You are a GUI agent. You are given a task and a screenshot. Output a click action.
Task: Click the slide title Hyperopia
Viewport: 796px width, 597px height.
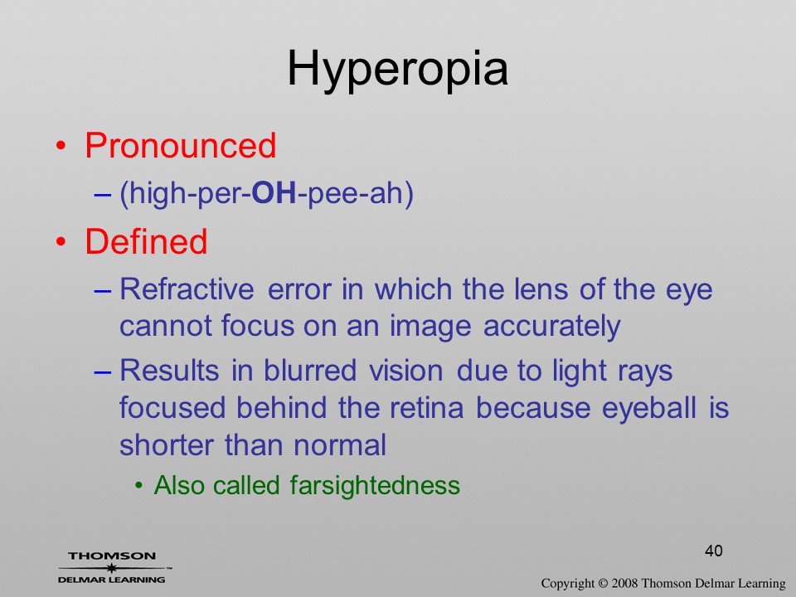397,70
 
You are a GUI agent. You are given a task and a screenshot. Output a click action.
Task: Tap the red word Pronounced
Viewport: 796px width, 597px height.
180,146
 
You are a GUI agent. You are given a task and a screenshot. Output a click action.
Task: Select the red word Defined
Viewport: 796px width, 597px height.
146,241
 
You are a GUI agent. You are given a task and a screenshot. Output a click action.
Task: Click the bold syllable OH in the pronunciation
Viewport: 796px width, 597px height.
274,193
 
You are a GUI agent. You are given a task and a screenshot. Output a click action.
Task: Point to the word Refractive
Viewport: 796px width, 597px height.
187,289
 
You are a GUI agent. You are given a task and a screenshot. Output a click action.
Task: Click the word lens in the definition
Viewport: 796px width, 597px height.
541,289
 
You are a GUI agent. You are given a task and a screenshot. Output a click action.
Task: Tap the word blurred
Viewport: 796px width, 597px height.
309,370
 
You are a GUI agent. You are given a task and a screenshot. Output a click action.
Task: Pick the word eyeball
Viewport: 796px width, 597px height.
648,409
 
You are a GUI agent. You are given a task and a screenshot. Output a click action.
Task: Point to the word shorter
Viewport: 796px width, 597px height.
167,444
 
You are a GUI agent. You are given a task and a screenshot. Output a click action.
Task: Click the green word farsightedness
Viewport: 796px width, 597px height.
375,485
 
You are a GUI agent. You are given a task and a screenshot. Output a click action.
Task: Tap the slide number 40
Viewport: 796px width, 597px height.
714,551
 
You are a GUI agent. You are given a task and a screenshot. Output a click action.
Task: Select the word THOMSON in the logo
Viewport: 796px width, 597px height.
112,556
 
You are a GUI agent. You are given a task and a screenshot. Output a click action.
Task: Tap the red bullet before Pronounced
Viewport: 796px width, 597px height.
61,147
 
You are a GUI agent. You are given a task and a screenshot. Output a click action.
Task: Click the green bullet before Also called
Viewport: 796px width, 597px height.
138,486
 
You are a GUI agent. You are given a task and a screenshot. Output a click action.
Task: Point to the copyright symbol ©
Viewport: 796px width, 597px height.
603,584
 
